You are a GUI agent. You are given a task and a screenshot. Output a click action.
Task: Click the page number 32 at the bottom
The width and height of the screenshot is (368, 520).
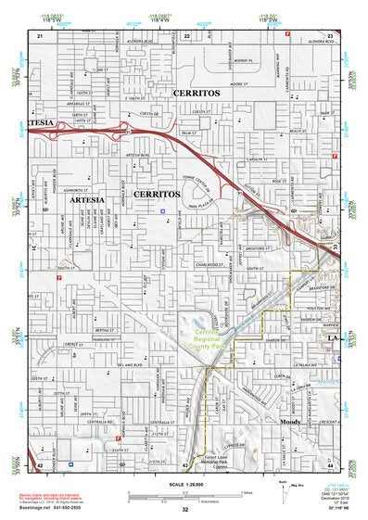[184, 510]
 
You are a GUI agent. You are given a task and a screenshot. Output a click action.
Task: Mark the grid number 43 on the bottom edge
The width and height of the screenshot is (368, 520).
[185, 466]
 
